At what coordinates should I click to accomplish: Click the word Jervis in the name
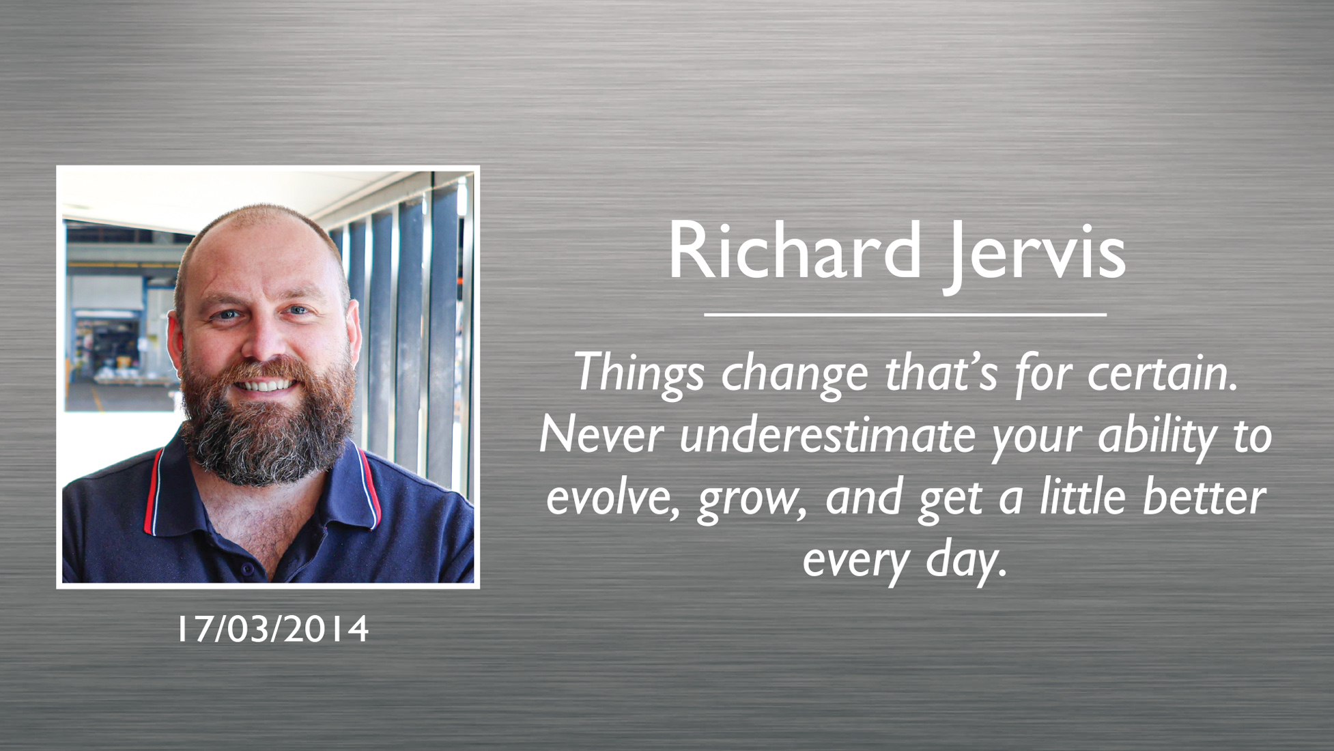1035,257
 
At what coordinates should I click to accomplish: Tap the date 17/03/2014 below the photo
273,629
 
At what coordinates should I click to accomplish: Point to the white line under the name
905,315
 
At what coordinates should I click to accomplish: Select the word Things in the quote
639,373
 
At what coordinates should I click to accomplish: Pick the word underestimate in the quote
827,435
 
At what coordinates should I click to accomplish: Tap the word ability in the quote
1157,437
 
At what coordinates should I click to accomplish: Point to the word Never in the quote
601,435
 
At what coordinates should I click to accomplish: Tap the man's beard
266,430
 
